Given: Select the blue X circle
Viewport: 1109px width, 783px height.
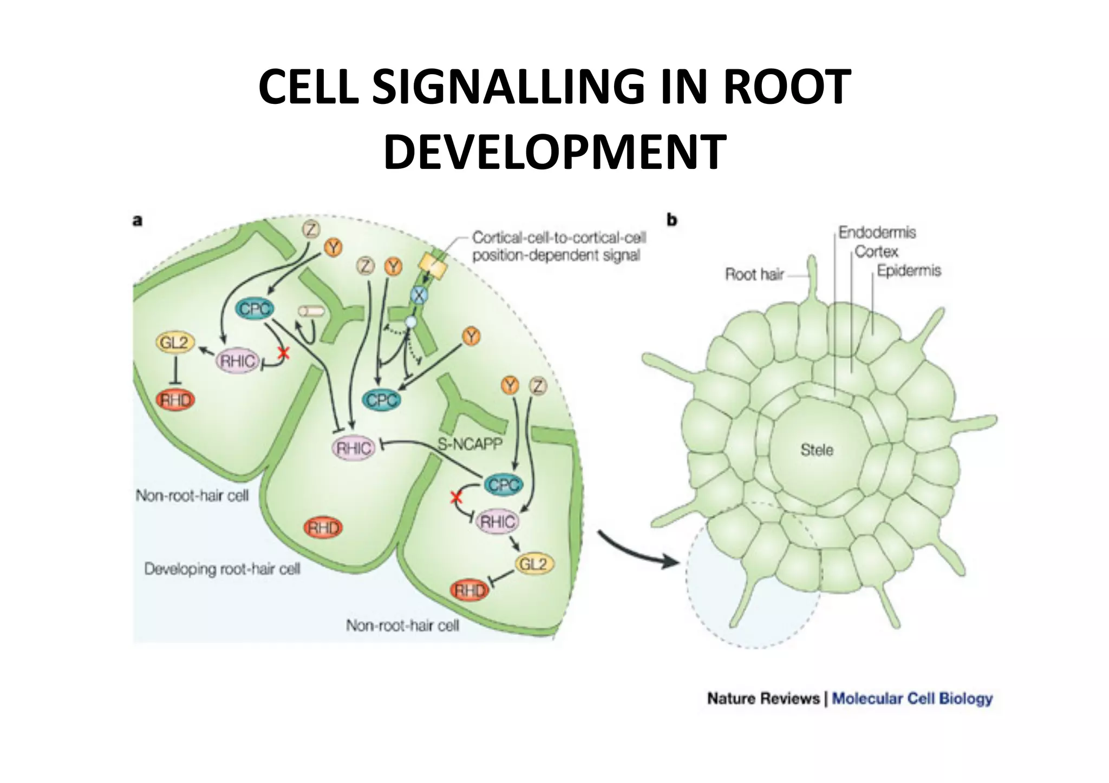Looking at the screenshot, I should (x=419, y=295).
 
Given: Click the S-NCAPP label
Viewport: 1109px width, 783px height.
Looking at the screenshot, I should (x=469, y=444).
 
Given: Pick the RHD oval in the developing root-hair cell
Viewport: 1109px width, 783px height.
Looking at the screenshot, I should (x=323, y=528).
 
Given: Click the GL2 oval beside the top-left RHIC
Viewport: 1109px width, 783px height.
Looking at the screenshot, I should (x=174, y=343).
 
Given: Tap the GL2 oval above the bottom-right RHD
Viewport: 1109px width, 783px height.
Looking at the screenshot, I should (x=533, y=564).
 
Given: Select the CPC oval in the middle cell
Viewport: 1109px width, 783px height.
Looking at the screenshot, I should (x=382, y=400).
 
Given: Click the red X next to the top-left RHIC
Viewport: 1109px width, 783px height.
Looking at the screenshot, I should (x=283, y=354).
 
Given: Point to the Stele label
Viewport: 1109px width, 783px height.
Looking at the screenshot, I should (x=817, y=450).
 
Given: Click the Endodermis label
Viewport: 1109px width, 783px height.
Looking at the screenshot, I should (x=877, y=233).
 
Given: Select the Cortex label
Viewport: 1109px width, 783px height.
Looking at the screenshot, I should (x=876, y=252).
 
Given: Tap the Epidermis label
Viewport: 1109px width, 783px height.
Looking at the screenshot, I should (x=909, y=271).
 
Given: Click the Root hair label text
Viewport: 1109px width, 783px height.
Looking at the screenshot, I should (x=754, y=274).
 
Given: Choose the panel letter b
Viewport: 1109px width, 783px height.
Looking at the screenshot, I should (x=672, y=220).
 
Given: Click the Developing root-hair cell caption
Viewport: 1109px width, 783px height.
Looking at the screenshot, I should (x=222, y=569).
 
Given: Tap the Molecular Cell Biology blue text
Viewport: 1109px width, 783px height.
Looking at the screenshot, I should (x=912, y=698).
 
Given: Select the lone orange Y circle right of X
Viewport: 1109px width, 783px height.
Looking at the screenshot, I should (x=472, y=337).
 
